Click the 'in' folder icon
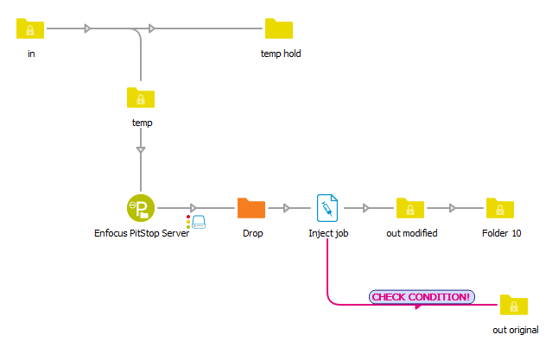pyautogui.click(x=30, y=29)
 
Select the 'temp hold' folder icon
pyautogui.click(x=279, y=29)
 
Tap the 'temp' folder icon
pyautogui.click(x=141, y=98)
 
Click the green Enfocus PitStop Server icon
pyautogui.click(x=141, y=208)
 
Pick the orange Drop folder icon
pyautogui.click(x=251, y=208)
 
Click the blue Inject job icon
pyautogui.click(x=327, y=208)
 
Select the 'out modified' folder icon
pyautogui.click(x=410, y=208)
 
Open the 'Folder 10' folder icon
pyautogui.click(x=500, y=208)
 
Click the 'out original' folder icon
pyautogui.click(x=514, y=305)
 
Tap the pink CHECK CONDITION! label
pyautogui.click(x=422, y=297)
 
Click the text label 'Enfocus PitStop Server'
pyautogui.click(x=142, y=233)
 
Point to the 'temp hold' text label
pyautogui.click(x=281, y=54)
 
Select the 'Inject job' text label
pyautogui.click(x=328, y=233)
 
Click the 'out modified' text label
pyautogui.click(x=410, y=233)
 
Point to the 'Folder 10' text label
pyautogui.click(x=501, y=233)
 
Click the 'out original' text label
pyautogui.click(x=516, y=330)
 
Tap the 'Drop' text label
pyautogui.click(x=252, y=233)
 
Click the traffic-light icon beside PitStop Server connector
pyautogui.click(x=188, y=222)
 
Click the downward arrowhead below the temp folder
pyautogui.click(x=141, y=150)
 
